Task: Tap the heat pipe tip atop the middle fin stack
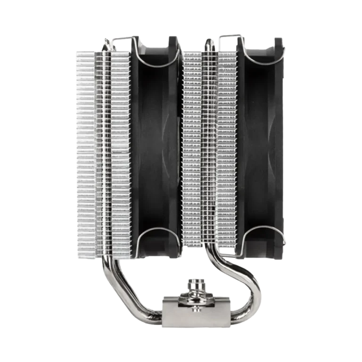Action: click(x=207, y=43)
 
